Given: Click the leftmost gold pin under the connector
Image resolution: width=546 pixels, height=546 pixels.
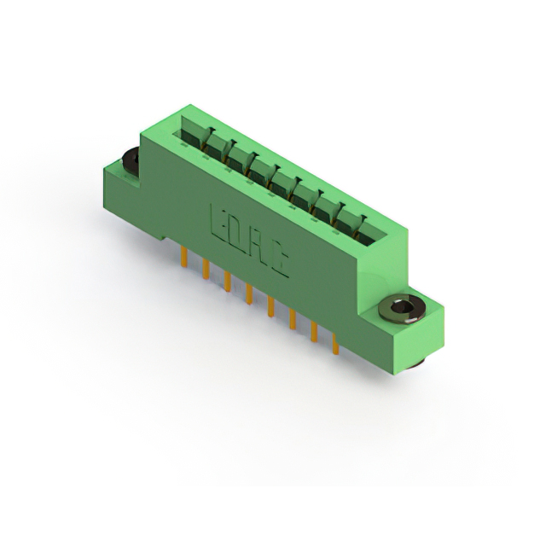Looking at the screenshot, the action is [184, 258].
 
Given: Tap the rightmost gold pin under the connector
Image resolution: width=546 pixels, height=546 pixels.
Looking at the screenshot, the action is [335, 344].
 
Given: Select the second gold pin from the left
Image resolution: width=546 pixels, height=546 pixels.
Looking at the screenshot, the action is [206, 270].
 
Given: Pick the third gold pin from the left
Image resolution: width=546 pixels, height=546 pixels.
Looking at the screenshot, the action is [228, 282].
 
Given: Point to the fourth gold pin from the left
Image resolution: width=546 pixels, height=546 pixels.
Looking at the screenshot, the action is [249, 294].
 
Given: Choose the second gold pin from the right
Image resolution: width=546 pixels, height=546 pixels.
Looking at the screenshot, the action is [314, 332].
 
